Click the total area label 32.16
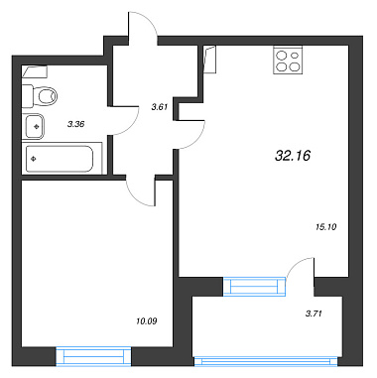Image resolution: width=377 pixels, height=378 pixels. [x=293, y=155]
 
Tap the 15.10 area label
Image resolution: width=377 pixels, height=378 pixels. [x=326, y=227]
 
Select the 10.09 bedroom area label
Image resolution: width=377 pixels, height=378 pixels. [x=146, y=320]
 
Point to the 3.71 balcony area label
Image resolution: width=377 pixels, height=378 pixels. [x=314, y=314]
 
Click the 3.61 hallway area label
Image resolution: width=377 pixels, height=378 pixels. [x=160, y=107]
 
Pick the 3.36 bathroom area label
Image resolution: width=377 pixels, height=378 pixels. [x=76, y=124]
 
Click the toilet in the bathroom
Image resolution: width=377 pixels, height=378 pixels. [x=39, y=96]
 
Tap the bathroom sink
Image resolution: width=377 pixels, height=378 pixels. [x=33, y=126]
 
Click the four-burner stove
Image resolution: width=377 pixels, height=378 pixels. [x=288, y=60]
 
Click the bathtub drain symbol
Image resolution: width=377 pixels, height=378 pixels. [x=33, y=159]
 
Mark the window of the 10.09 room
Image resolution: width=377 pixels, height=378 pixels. [x=93, y=356]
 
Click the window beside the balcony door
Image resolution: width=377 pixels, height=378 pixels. [x=254, y=286]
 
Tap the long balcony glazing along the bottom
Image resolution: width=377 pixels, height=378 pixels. [x=267, y=361]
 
